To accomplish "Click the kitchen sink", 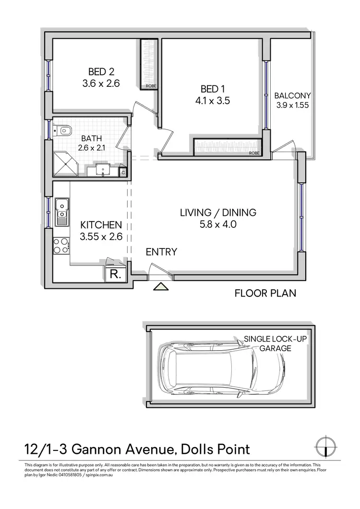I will (x=61, y=211).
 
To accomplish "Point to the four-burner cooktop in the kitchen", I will (x=61, y=246).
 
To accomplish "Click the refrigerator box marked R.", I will (x=115, y=274).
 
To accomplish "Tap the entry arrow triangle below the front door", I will (x=160, y=287).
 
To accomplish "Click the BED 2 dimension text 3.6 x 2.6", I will (x=101, y=83).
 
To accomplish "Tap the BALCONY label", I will (x=293, y=95).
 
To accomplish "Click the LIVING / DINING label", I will (x=218, y=212).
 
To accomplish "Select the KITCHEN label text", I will (x=101, y=225).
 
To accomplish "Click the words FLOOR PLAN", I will (x=265, y=293).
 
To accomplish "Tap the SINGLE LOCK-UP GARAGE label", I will (x=275, y=343).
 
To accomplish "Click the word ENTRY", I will (x=162, y=252).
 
